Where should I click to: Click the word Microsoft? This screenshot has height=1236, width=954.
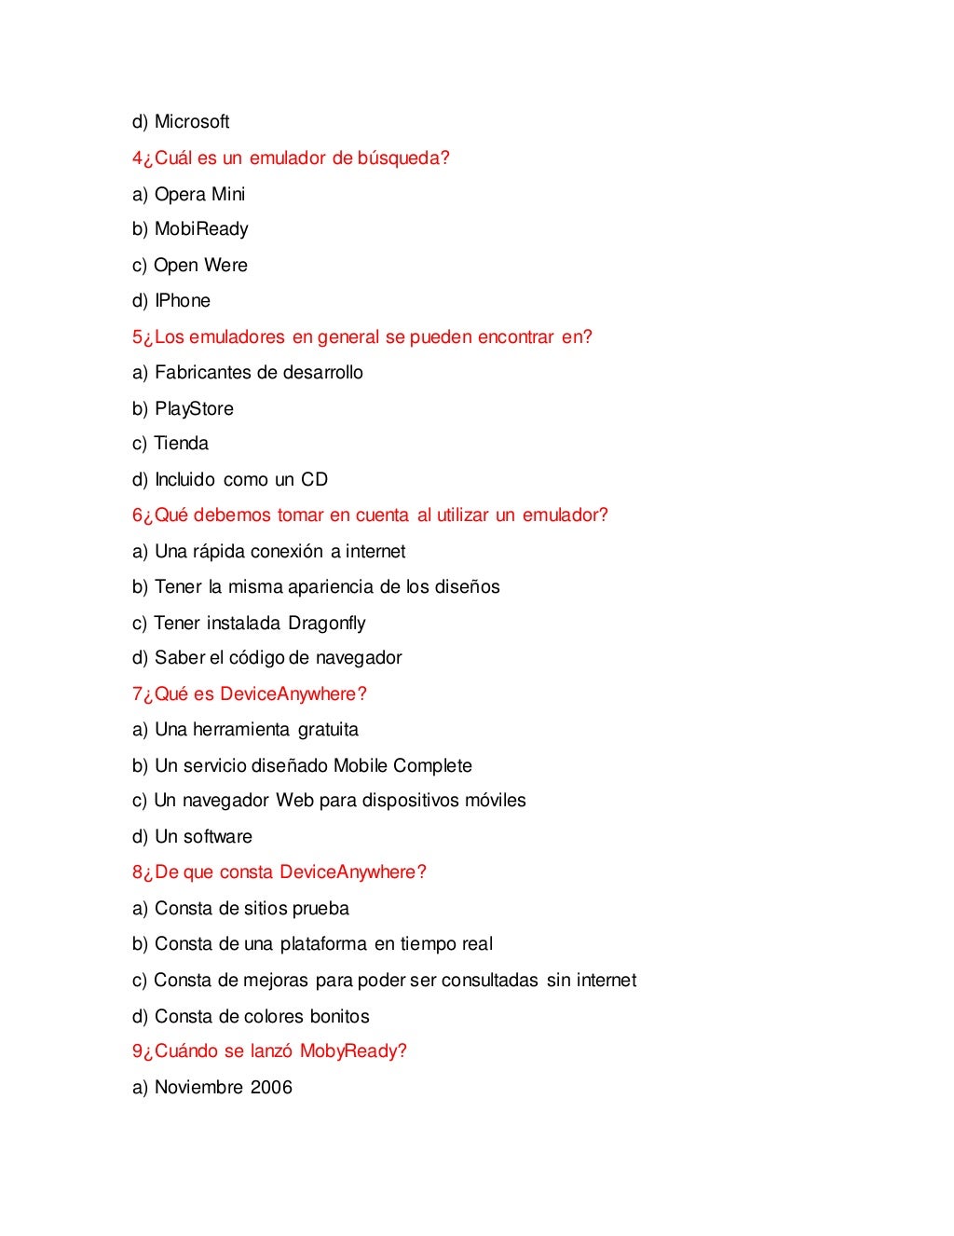192,122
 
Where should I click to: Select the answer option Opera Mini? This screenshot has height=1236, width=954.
199,194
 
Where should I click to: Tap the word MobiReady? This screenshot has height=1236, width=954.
201,229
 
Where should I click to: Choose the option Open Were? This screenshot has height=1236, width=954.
200,266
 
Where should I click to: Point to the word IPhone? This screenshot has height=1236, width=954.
183,301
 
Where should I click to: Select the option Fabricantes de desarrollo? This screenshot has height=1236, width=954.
258,373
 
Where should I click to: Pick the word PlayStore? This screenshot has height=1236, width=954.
194,409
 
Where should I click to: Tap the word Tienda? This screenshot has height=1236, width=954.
181,444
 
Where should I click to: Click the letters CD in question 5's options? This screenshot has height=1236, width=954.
314,480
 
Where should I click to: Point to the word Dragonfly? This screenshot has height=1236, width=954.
326,624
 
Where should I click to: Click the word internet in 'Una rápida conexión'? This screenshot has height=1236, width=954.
375,552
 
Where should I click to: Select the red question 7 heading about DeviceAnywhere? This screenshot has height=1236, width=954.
250,694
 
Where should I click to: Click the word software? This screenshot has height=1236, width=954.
217,837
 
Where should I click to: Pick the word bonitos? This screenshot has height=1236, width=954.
339,1017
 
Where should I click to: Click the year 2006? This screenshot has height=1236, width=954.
271,1088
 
